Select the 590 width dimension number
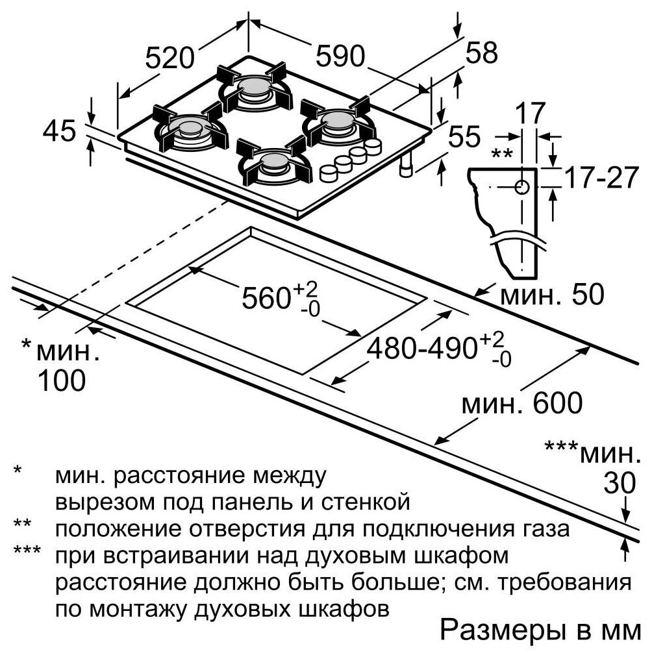point(340,56)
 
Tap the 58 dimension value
point(481,53)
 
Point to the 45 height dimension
point(59,130)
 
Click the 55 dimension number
point(464,136)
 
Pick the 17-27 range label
point(601,178)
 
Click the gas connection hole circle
point(521,187)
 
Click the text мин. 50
point(552,295)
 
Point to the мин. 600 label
point(522,403)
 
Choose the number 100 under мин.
point(62,380)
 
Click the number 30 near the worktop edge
point(620,483)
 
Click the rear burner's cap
point(253,86)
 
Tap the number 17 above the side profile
point(530,113)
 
